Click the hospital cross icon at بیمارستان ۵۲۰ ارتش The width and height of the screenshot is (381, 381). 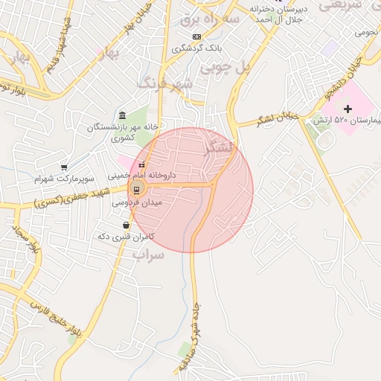[347, 109]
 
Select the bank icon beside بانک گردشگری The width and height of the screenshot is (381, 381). [196, 36]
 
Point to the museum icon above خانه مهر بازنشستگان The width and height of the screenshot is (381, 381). [123, 116]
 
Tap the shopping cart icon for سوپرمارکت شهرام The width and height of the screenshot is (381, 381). [65, 167]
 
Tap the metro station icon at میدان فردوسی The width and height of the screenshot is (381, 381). [138, 188]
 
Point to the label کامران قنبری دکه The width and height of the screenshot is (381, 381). [125, 236]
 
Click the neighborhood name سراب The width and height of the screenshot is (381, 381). [147, 255]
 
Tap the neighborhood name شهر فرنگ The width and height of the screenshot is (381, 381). [165, 82]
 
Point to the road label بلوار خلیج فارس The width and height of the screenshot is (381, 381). [57, 320]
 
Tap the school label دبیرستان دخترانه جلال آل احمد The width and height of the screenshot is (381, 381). [278, 13]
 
